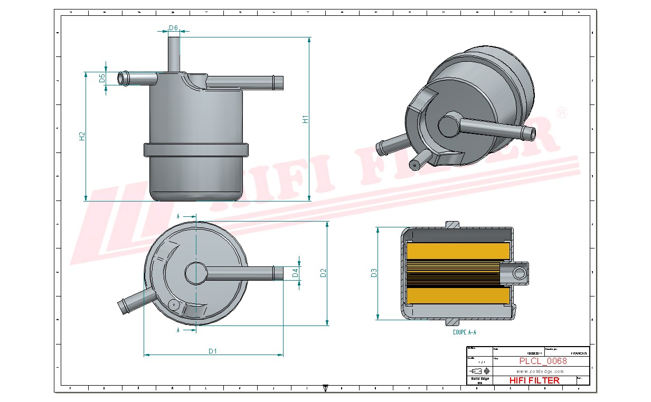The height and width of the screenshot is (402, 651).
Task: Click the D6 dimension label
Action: (x=173, y=28)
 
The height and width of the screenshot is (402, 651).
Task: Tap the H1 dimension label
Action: (x=305, y=120)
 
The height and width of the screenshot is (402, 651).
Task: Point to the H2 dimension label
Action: (x=82, y=136)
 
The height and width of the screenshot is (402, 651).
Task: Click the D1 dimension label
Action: (x=213, y=351)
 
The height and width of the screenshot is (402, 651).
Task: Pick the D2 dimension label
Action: (x=323, y=273)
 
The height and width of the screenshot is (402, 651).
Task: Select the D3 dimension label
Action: (x=374, y=273)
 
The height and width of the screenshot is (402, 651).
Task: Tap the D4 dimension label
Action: (x=295, y=273)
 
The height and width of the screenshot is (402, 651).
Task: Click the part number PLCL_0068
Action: (x=543, y=361)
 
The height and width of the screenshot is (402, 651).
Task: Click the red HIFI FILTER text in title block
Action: (x=534, y=380)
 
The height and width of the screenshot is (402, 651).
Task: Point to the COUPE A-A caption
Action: (x=464, y=332)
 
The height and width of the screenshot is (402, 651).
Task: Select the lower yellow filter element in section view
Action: (x=457, y=295)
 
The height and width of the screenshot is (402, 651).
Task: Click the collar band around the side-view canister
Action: (x=196, y=149)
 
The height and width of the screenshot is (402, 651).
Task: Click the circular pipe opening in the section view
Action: (x=520, y=273)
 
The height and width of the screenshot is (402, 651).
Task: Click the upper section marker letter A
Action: (x=178, y=216)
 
